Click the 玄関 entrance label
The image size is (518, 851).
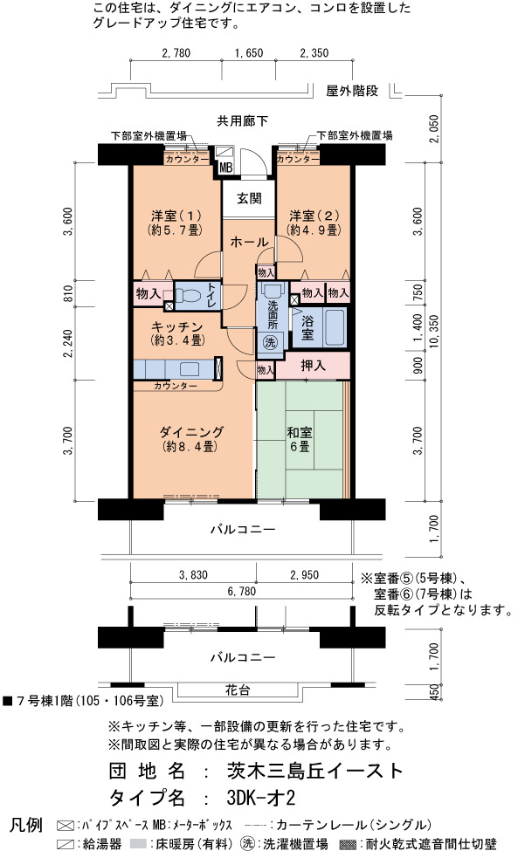pyautogui.click(x=249, y=199)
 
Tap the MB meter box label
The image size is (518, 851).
pyautogui.click(x=226, y=168)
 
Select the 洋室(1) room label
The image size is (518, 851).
pyautogui.click(x=176, y=223)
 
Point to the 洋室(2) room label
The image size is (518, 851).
pyautogui.click(x=314, y=223)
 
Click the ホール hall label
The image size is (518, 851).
pyautogui.click(x=249, y=242)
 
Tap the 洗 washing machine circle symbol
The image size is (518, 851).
pyautogui.click(x=270, y=342)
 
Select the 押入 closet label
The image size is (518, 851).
pyautogui.click(x=314, y=366)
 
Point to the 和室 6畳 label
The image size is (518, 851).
pyautogui.click(x=299, y=440)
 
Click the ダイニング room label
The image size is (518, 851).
pyautogui.click(x=191, y=440)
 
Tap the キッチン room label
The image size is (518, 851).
pyautogui.click(x=176, y=333)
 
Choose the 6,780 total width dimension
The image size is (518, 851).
pyautogui.click(x=242, y=592)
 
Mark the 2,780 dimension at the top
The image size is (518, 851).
pyautogui.click(x=176, y=53)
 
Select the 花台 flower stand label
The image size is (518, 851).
pyautogui.click(x=238, y=690)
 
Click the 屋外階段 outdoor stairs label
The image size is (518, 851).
pyautogui.click(x=352, y=91)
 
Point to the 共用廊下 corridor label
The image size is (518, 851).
pyautogui.click(x=242, y=121)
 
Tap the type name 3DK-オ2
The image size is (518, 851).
pyautogui.click(x=261, y=799)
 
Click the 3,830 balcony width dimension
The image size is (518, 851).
pyautogui.click(x=193, y=575)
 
